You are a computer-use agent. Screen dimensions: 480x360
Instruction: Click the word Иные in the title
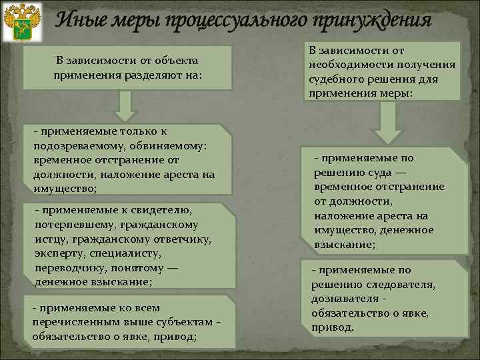pos(77,20)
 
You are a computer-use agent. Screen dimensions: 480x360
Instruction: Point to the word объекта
pos(171,61)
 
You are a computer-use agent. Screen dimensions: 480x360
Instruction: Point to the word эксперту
pos(62,254)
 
